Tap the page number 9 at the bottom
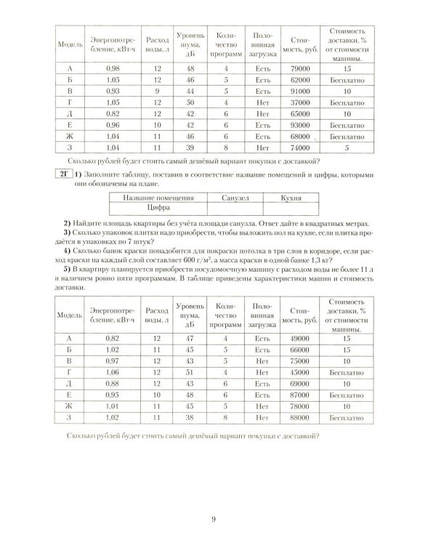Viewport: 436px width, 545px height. pos(214,519)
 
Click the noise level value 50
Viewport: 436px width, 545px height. pos(187,103)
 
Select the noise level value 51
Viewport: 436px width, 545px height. pos(187,372)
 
